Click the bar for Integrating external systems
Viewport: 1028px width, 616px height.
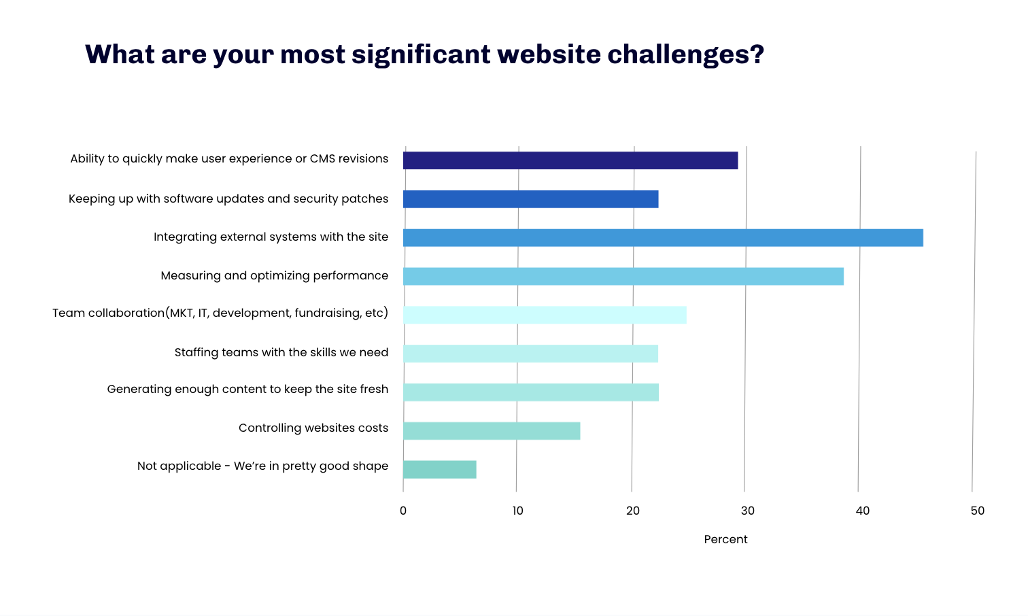(663, 238)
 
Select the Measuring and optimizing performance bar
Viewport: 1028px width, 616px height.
(623, 276)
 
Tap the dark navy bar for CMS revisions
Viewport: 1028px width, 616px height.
(570, 160)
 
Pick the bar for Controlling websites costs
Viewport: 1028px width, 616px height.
(492, 431)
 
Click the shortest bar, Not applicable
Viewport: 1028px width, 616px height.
(440, 470)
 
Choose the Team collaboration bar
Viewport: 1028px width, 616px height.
(545, 315)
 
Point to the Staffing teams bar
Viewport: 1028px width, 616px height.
(530, 354)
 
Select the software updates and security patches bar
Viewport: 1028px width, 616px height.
(531, 199)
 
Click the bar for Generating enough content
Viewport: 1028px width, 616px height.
(531, 392)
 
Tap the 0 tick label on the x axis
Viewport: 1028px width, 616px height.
(403, 511)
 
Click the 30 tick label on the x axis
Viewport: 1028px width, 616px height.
(748, 511)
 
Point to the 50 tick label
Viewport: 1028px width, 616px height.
(978, 511)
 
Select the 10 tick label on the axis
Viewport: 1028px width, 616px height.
(517, 511)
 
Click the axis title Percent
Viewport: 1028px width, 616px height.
(725, 539)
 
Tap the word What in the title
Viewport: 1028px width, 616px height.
(120, 54)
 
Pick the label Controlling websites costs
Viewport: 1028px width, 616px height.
(313, 428)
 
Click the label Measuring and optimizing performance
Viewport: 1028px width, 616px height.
(275, 276)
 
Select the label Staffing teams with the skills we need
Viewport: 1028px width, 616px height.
(281, 352)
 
